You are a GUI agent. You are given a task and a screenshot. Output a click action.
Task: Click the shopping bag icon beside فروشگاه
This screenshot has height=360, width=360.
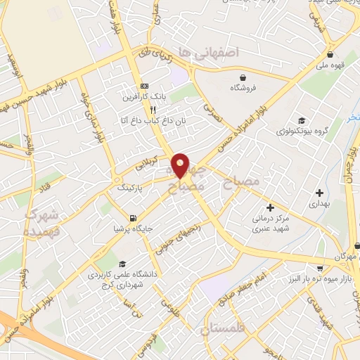243,78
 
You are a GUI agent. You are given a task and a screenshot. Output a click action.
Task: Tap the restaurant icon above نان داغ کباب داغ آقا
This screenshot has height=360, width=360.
153,110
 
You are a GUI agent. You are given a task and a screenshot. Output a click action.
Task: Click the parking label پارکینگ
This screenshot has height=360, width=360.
132,188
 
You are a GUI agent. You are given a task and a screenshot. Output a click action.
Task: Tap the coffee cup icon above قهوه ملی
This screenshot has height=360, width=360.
330,54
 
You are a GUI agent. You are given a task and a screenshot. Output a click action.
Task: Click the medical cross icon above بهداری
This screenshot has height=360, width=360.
320,192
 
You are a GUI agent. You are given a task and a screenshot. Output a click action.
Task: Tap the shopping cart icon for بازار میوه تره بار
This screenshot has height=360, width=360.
321,268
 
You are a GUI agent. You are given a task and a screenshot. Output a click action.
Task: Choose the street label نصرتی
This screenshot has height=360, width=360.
212,117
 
